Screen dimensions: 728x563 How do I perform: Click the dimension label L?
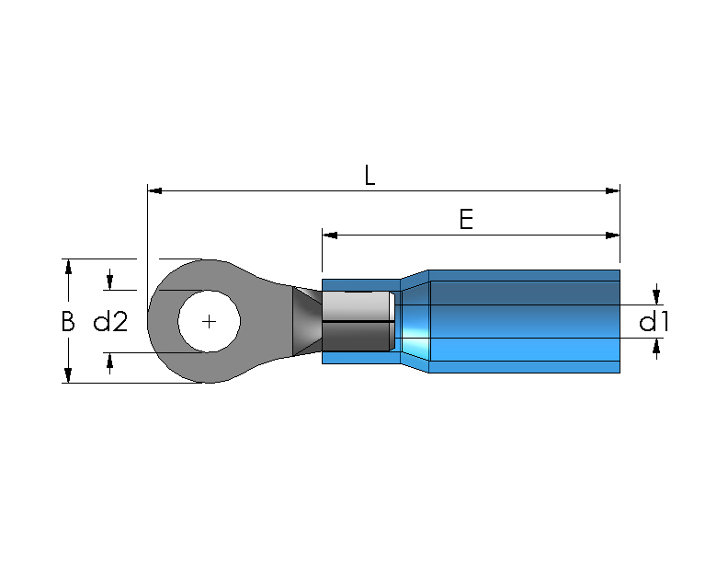point(370,175)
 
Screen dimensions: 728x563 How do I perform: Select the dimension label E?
point(466,219)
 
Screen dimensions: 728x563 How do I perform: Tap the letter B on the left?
point(68,321)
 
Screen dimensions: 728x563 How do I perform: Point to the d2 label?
point(110,321)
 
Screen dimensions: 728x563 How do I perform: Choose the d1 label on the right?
point(654,321)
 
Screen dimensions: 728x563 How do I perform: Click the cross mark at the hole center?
point(210,321)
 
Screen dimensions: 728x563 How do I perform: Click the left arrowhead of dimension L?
point(154,190)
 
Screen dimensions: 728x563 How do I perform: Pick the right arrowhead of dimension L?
point(613,190)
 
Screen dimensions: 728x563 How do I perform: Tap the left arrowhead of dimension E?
point(330,236)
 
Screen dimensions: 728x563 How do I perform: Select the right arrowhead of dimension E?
point(613,236)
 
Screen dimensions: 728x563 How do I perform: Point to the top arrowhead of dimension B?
point(68,267)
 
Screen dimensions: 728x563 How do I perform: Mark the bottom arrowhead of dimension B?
point(68,375)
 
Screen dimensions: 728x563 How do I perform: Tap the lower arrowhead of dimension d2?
point(110,360)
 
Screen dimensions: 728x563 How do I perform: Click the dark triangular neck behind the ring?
point(305,321)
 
